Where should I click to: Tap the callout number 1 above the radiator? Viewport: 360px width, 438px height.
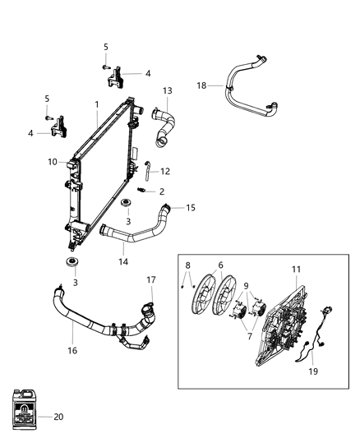96,104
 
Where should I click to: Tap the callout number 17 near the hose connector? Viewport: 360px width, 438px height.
151,279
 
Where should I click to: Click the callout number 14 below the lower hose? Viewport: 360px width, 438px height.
123,261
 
